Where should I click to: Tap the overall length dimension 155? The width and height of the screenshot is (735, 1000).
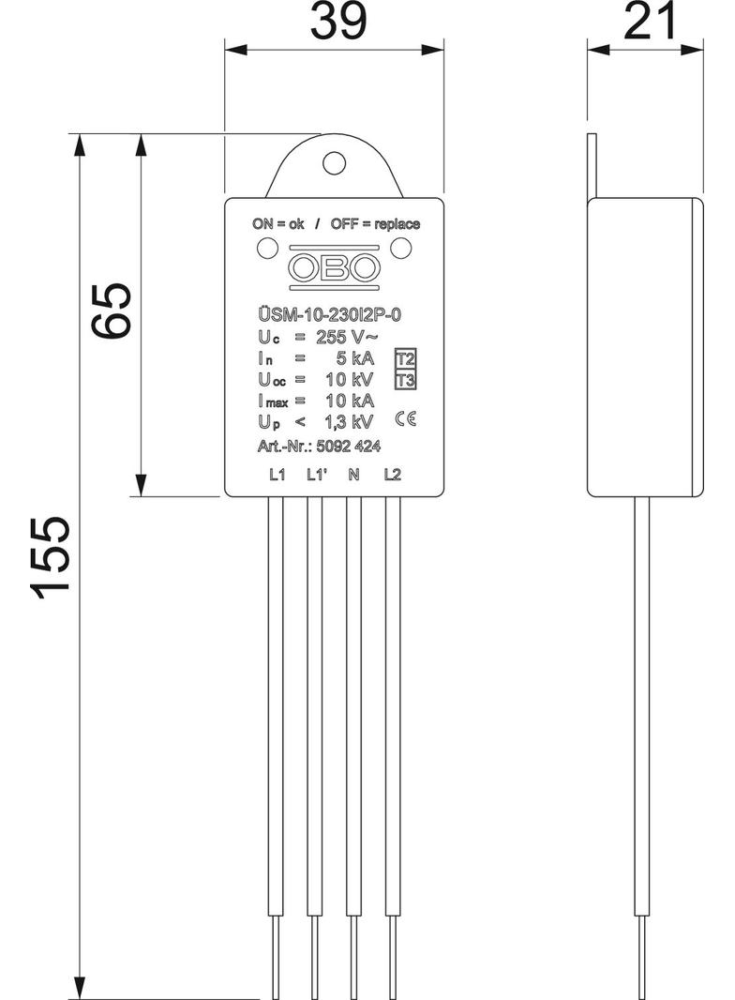[x=50, y=555]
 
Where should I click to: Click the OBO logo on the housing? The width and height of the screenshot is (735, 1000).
[x=333, y=267]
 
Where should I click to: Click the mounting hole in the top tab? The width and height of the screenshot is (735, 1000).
[x=333, y=163]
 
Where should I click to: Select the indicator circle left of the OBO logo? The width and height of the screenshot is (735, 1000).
[x=266, y=249]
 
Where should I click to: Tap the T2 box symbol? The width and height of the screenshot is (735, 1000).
[x=405, y=359]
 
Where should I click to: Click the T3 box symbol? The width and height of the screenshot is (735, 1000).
[x=405, y=380]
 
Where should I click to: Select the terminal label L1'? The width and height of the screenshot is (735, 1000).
[x=316, y=475]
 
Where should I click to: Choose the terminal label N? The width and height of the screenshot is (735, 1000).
[x=352, y=475]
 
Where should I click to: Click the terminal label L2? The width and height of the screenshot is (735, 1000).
[x=392, y=475]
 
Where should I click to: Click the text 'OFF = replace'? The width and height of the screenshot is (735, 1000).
[x=375, y=224]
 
